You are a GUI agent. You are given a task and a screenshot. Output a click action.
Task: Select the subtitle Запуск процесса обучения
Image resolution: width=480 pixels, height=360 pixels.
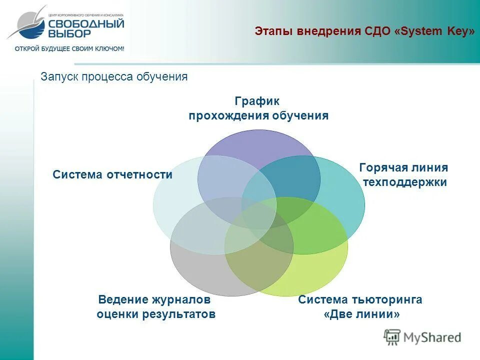[x=114, y=76]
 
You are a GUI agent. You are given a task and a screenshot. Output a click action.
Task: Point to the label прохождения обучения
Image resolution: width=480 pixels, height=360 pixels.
[x=258, y=116]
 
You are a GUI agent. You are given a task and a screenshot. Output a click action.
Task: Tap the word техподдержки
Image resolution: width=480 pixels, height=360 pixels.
[x=404, y=182]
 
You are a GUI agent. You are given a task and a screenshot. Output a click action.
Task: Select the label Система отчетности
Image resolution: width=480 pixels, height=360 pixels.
[x=112, y=174]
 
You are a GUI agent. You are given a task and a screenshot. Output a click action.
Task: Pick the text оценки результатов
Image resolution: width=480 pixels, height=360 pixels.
[x=156, y=314]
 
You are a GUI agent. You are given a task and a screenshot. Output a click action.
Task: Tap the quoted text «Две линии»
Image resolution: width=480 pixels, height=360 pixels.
[x=362, y=314]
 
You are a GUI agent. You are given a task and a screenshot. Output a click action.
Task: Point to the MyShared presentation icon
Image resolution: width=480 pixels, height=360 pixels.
[x=392, y=337]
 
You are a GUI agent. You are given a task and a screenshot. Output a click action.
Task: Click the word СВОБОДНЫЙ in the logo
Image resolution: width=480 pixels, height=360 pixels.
[x=86, y=24]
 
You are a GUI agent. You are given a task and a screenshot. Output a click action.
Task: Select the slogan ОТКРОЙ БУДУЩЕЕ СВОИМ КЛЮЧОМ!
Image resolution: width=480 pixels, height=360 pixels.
[x=69, y=48]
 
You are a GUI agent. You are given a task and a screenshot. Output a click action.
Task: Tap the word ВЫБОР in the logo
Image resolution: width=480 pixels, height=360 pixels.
[x=69, y=33]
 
